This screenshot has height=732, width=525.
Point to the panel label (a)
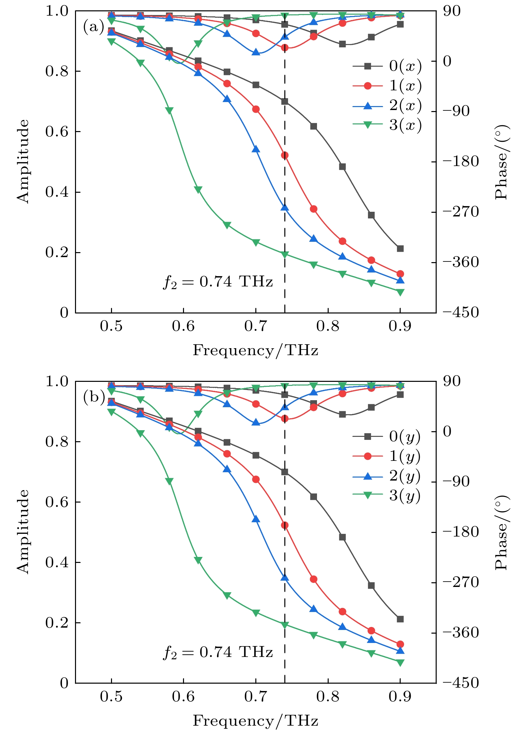pos(94,27)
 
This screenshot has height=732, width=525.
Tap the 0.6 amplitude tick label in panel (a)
pos(57,132)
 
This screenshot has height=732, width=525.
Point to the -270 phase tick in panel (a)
pos(461,212)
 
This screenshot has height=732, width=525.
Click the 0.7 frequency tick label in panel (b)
pos(256,696)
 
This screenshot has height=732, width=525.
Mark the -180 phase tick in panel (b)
pos(461,532)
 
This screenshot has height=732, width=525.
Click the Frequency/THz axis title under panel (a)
pos(256,350)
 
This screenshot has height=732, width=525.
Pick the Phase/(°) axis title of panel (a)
pos(502,162)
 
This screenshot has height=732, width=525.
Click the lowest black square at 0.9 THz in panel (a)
pos(400,248)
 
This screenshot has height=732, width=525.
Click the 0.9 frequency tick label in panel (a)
pos(400,326)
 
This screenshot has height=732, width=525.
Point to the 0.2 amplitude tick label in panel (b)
pos(57,623)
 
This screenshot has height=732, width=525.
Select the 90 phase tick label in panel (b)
pos(452,381)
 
